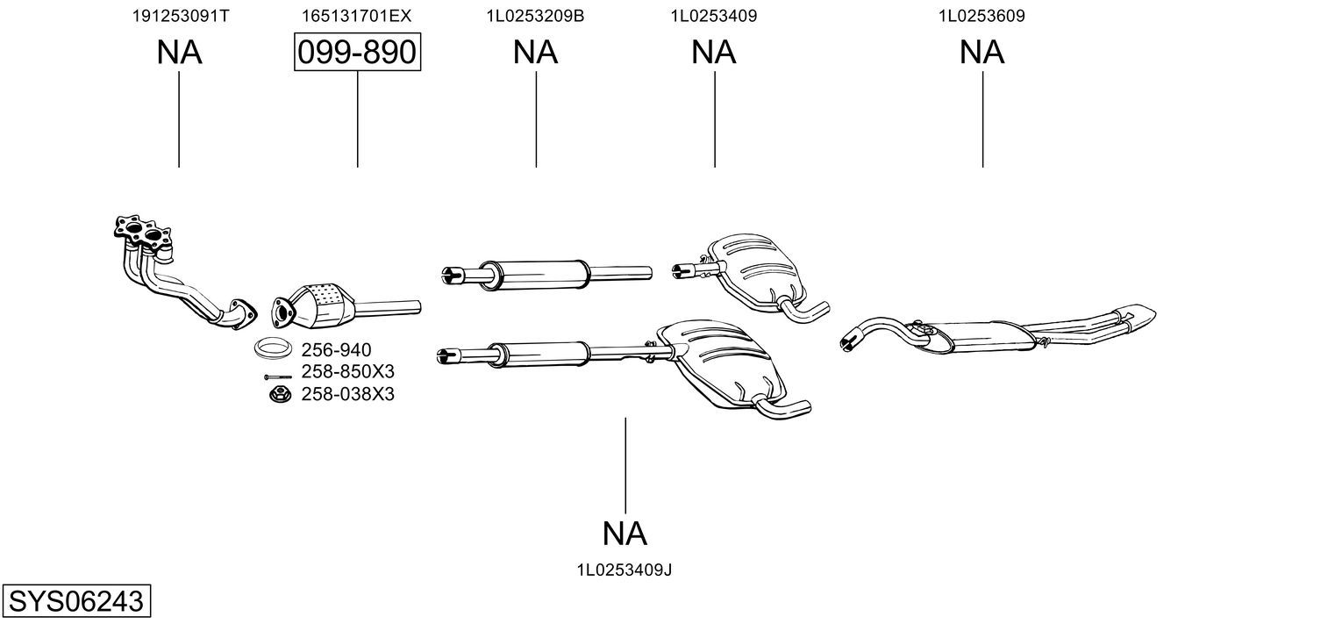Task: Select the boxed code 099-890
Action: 357,53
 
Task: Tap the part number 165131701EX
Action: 357,16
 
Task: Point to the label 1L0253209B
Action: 535,16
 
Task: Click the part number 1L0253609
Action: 982,16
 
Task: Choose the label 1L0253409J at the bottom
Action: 625,570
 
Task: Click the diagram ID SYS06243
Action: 75,602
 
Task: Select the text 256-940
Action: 330,350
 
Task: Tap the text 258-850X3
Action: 347,372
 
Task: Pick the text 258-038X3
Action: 347,395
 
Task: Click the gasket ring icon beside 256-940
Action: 274,348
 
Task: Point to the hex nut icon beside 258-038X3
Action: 280,394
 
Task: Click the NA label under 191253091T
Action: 179,53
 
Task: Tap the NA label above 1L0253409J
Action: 625,533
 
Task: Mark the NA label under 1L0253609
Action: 982,53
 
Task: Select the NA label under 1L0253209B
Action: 535,53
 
